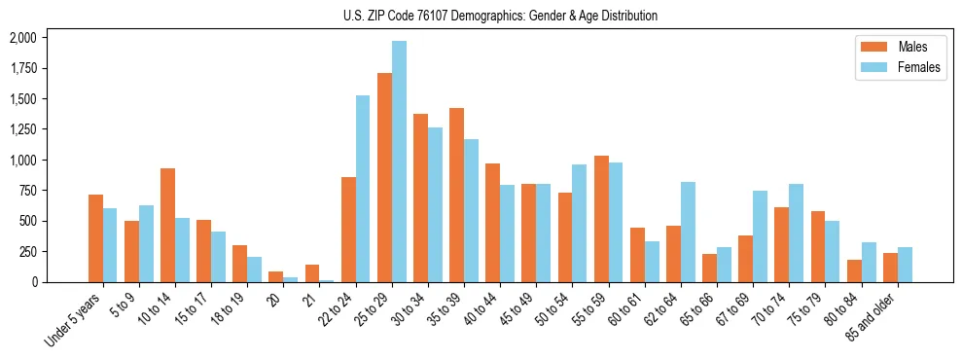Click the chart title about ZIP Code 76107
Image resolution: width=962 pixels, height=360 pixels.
point(500,16)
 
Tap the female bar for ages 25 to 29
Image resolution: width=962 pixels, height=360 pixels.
point(399,162)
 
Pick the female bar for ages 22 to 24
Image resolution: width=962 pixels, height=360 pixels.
point(363,189)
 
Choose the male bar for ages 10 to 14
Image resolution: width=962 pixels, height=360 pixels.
point(168,225)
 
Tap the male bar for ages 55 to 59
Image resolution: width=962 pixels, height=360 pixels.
point(601,219)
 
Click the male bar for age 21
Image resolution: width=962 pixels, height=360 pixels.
point(312,273)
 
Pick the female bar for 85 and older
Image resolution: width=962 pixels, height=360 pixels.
point(905,265)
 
